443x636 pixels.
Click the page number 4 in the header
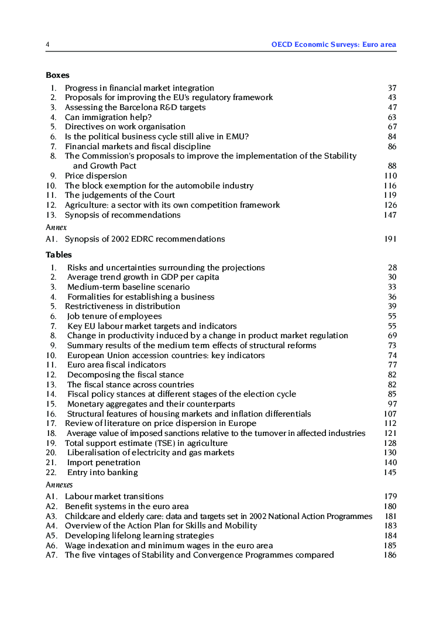coord(47,45)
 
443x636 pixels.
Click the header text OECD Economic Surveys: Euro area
coord(334,45)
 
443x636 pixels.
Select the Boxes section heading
coord(57,75)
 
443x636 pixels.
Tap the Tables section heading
coord(59,255)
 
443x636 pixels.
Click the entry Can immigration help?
coord(108,117)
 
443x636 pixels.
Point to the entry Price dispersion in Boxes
coord(95,176)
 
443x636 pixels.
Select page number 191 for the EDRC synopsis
coord(390,239)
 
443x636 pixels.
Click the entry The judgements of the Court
coord(119,195)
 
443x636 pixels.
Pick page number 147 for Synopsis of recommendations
coord(390,215)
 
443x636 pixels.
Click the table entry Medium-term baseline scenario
coord(128,287)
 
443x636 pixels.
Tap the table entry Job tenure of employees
coord(114,317)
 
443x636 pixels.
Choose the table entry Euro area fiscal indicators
coord(116,365)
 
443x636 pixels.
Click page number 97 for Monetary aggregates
coord(392,404)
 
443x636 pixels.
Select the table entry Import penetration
coord(104,463)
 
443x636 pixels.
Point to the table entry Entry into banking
coord(102,473)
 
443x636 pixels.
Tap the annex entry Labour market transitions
coord(114,497)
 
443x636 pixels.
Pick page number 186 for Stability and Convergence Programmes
coord(390,555)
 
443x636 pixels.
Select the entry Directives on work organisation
coord(125,127)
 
